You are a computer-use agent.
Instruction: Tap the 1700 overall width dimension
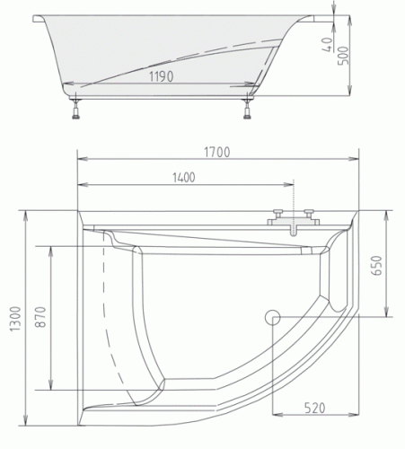(x=218, y=152)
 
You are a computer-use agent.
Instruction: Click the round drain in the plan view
(x=274, y=316)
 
